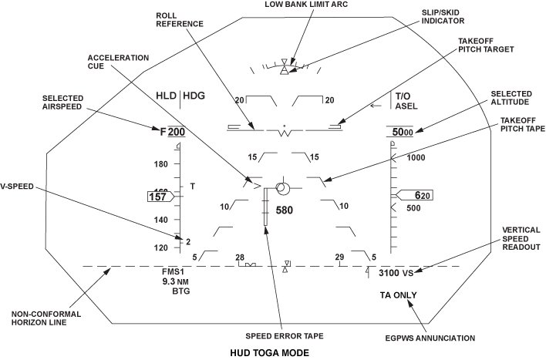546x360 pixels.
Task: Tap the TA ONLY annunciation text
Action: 398,296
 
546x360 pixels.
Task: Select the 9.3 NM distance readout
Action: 175,282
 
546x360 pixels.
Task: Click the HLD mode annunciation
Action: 166,97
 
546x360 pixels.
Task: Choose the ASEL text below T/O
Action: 406,107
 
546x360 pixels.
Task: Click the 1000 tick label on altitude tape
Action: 417,158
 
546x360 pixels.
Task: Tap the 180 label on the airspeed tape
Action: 162,164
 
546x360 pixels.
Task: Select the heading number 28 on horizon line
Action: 240,257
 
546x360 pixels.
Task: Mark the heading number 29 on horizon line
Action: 339,257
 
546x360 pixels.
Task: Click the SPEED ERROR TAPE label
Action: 285,336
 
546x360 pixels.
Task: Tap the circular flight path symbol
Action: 281,189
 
